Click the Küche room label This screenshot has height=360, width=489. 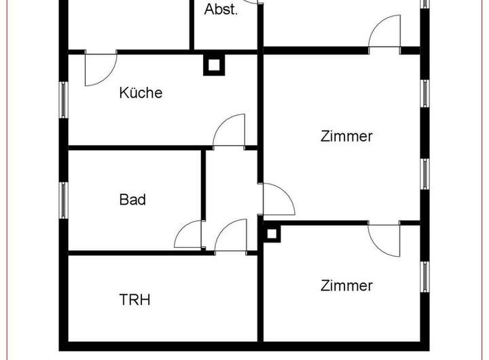pos(141,93)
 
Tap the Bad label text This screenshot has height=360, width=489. pos(132,200)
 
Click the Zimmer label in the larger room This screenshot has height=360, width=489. pos(346,136)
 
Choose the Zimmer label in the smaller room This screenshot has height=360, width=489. pos(346,285)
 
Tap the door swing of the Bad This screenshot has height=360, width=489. pos(188,235)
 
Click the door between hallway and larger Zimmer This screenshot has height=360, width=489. pos(277,199)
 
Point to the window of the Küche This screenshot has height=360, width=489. pos(64,101)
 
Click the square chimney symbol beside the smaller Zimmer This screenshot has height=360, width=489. pos(272,234)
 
